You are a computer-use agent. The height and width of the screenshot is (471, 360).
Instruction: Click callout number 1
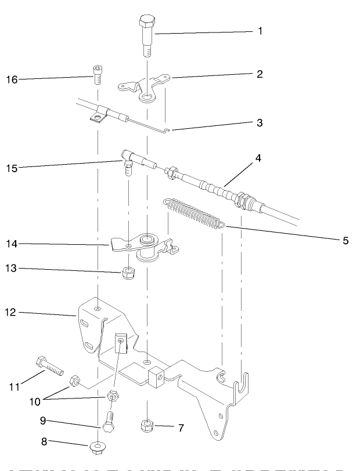tap(260, 31)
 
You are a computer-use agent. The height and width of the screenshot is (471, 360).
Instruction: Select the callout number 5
tap(345, 240)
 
